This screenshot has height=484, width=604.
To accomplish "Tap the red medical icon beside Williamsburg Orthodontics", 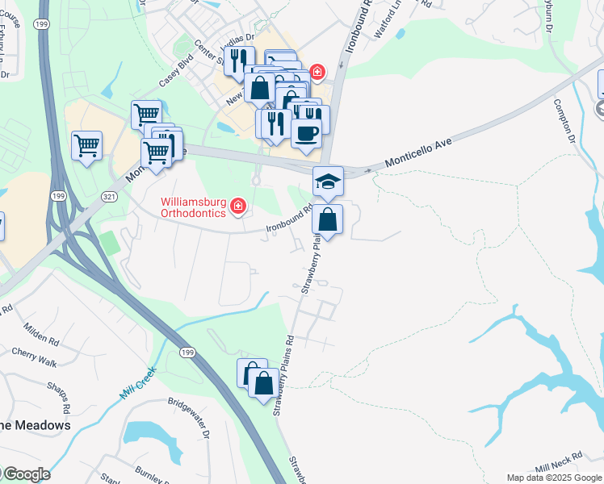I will click(x=238, y=207).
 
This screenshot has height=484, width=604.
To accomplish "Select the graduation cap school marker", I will click(x=329, y=181).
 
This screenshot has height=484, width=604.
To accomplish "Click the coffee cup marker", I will click(x=307, y=132).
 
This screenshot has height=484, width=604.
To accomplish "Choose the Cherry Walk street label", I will click(x=35, y=357).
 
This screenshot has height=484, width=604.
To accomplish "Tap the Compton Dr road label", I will click(x=564, y=121).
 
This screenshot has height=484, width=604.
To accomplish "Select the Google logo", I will click(x=26, y=474).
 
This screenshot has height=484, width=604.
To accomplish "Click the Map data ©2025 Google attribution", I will click(x=554, y=478).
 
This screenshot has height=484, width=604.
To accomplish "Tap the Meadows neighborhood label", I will click(x=36, y=424).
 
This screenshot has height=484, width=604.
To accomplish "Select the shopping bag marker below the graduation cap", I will click(x=328, y=220).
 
